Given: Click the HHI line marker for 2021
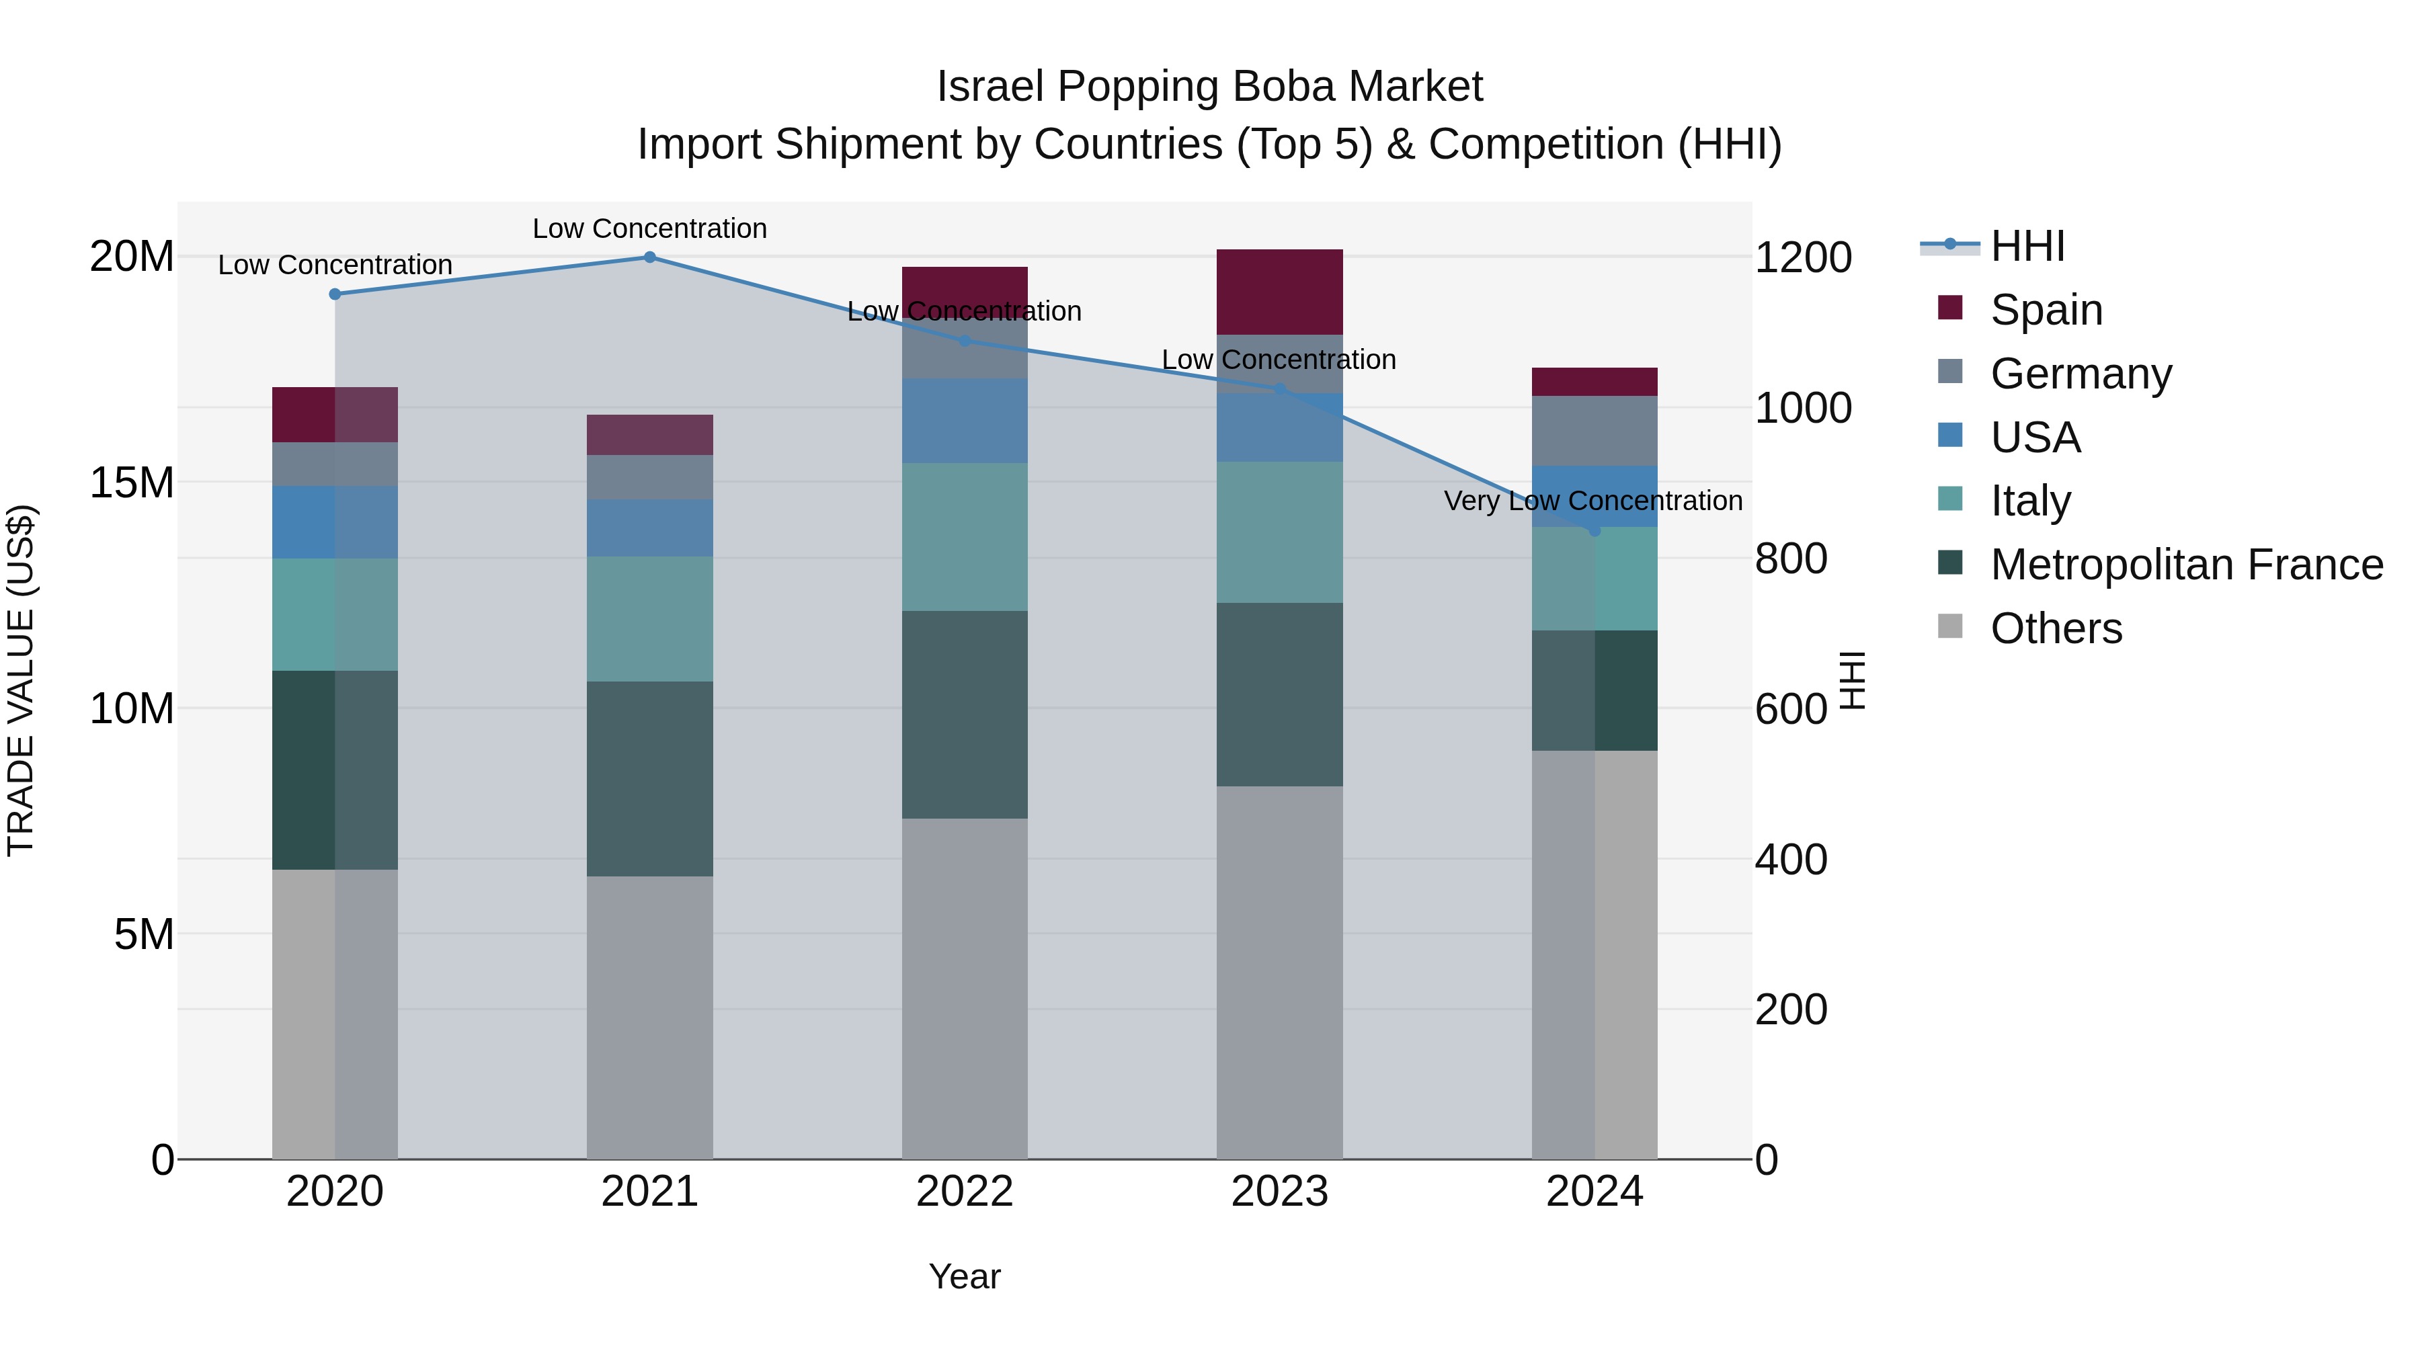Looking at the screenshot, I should [x=649, y=257].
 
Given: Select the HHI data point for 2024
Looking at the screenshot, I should [x=1595, y=531].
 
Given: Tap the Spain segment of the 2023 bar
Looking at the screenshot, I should [x=1279, y=291].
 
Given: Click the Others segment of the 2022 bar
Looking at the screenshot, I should [x=965, y=986].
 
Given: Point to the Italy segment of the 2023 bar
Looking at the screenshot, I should [x=1279, y=532].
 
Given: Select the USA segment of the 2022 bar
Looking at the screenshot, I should [x=965, y=420].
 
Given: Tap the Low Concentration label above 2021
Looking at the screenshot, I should [x=649, y=229].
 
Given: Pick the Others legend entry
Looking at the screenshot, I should [x=2056, y=628].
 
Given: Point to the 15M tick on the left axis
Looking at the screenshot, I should [x=132, y=483].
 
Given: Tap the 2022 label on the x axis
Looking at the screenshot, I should [x=965, y=1192].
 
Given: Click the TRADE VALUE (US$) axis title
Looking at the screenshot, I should [x=21, y=680].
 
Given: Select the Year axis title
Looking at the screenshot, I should [x=965, y=1276].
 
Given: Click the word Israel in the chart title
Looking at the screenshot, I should [x=990, y=87].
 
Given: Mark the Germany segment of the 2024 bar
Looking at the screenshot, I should [x=1595, y=430].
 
